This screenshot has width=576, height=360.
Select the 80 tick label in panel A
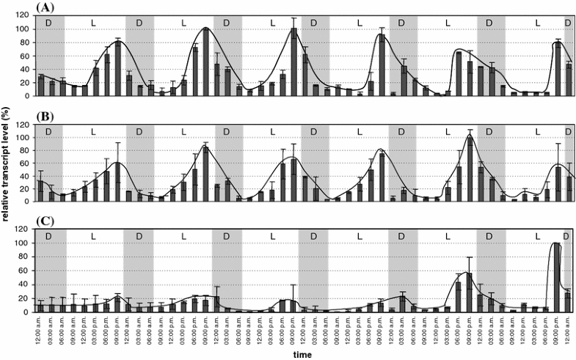point(26,43)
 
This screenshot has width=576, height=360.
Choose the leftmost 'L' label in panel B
point(93,131)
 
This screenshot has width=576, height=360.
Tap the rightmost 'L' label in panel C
point(538,236)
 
